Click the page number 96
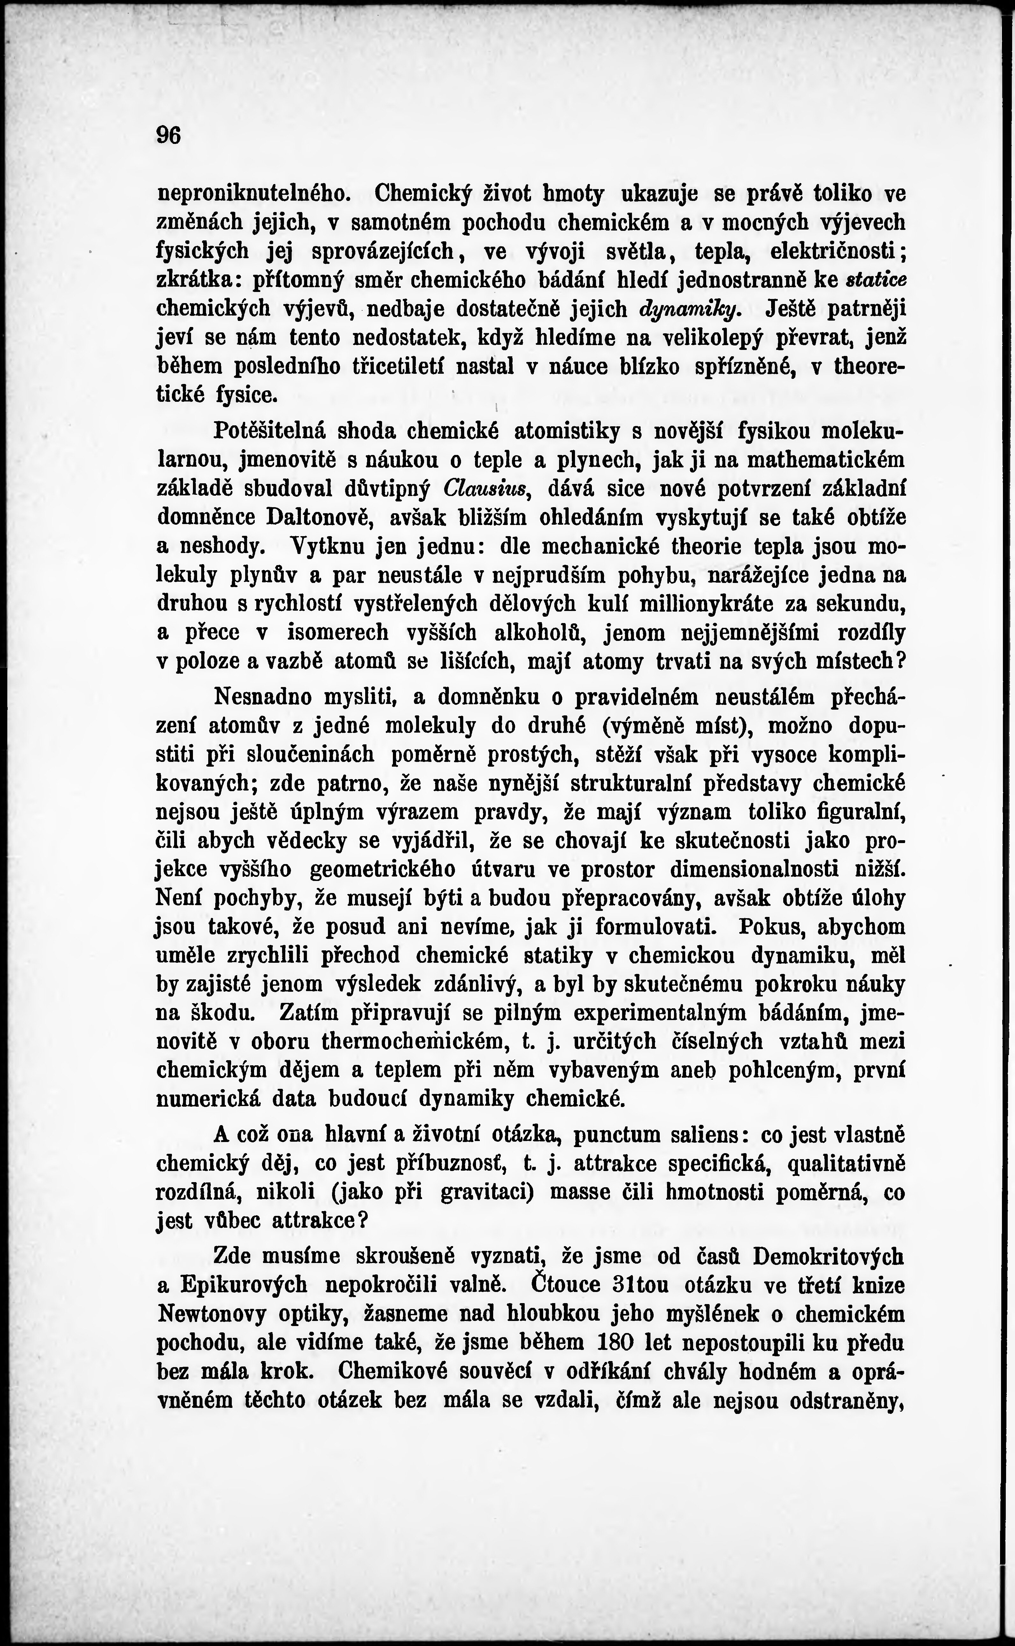tap(168, 135)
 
